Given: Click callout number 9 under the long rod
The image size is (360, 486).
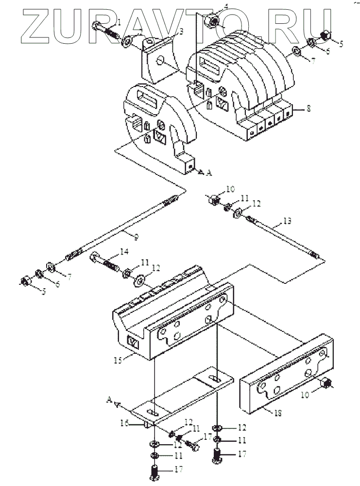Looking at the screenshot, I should click(137, 237).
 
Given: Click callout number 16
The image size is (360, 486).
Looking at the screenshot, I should click(124, 423).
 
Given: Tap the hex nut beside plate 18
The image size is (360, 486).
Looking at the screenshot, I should click(325, 384).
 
